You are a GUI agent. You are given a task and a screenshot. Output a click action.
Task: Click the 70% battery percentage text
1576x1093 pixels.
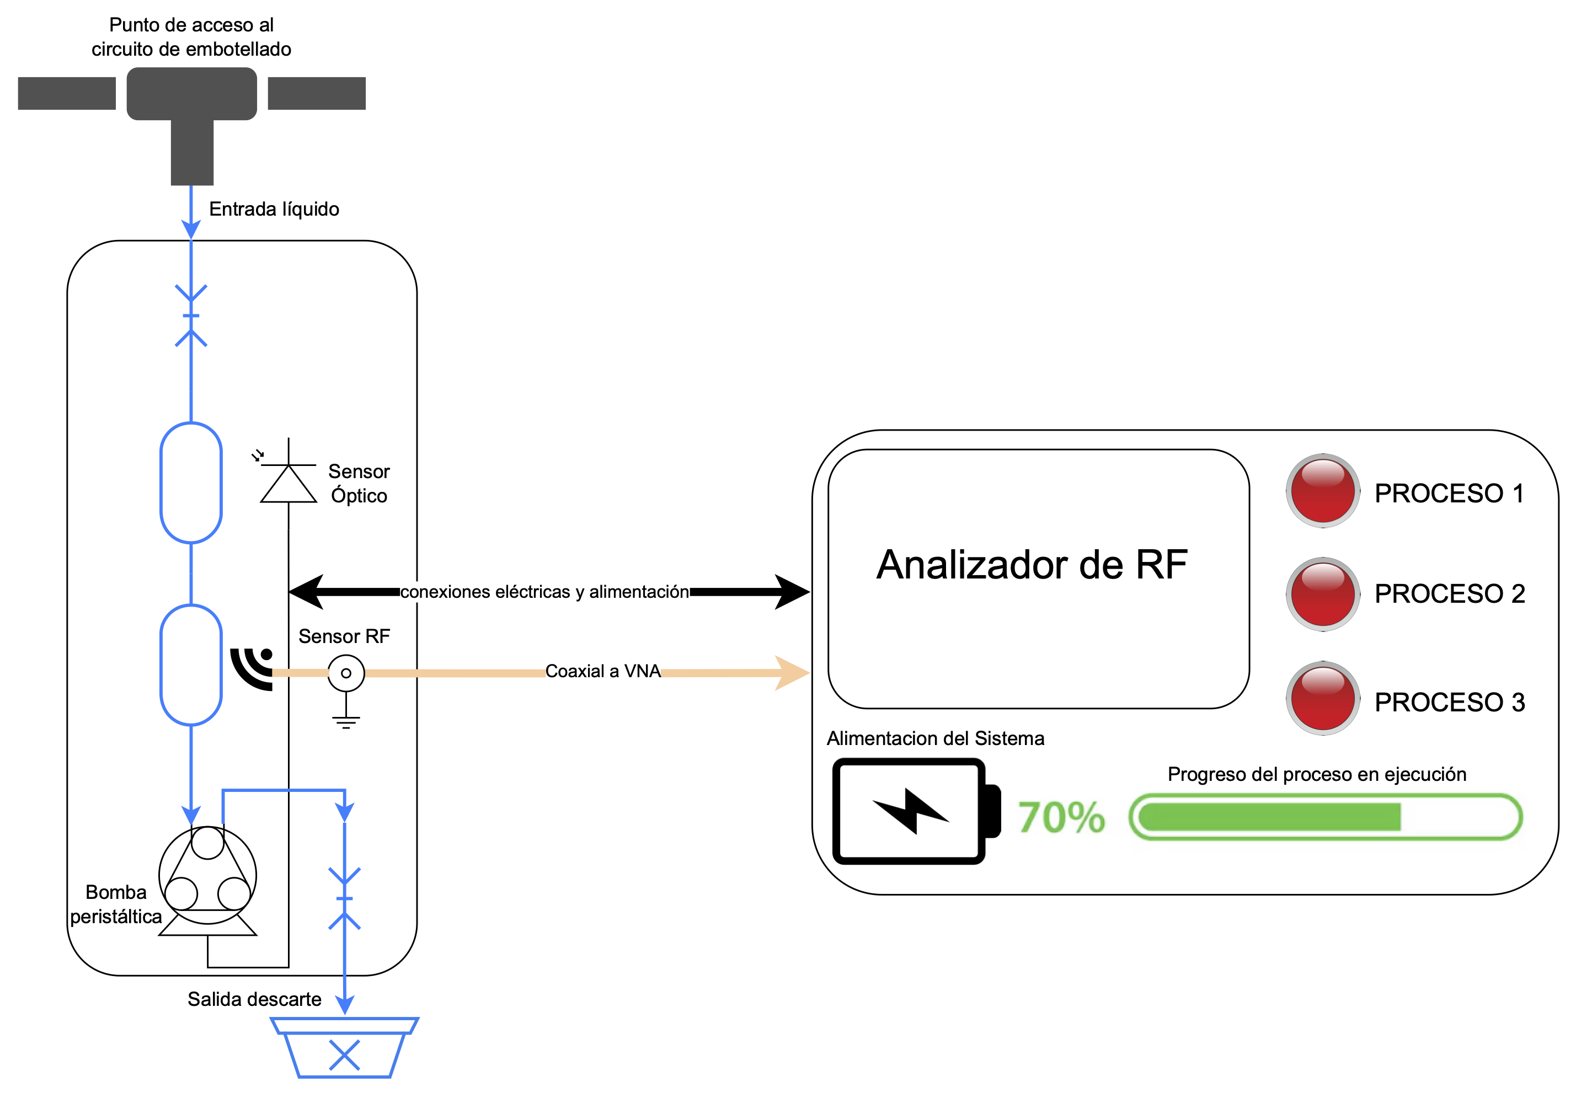click(1061, 818)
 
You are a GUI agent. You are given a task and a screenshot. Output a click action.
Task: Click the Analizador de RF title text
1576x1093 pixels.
click(1031, 565)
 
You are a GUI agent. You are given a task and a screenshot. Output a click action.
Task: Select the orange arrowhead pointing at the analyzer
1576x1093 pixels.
click(793, 673)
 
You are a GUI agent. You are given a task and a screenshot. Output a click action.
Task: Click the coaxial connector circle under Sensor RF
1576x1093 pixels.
click(346, 673)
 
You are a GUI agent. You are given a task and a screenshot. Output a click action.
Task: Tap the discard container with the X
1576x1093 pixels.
click(345, 1048)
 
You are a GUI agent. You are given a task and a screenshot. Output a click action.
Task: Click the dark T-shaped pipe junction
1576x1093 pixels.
click(192, 110)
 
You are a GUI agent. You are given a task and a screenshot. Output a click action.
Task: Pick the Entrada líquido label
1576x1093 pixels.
click(274, 209)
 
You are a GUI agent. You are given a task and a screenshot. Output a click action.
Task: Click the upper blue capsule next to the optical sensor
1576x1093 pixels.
click(191, 483)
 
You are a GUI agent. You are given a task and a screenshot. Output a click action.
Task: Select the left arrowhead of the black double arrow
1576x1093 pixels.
click(307, 592)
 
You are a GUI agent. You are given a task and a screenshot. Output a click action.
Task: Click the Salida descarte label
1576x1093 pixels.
click(254, 999)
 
